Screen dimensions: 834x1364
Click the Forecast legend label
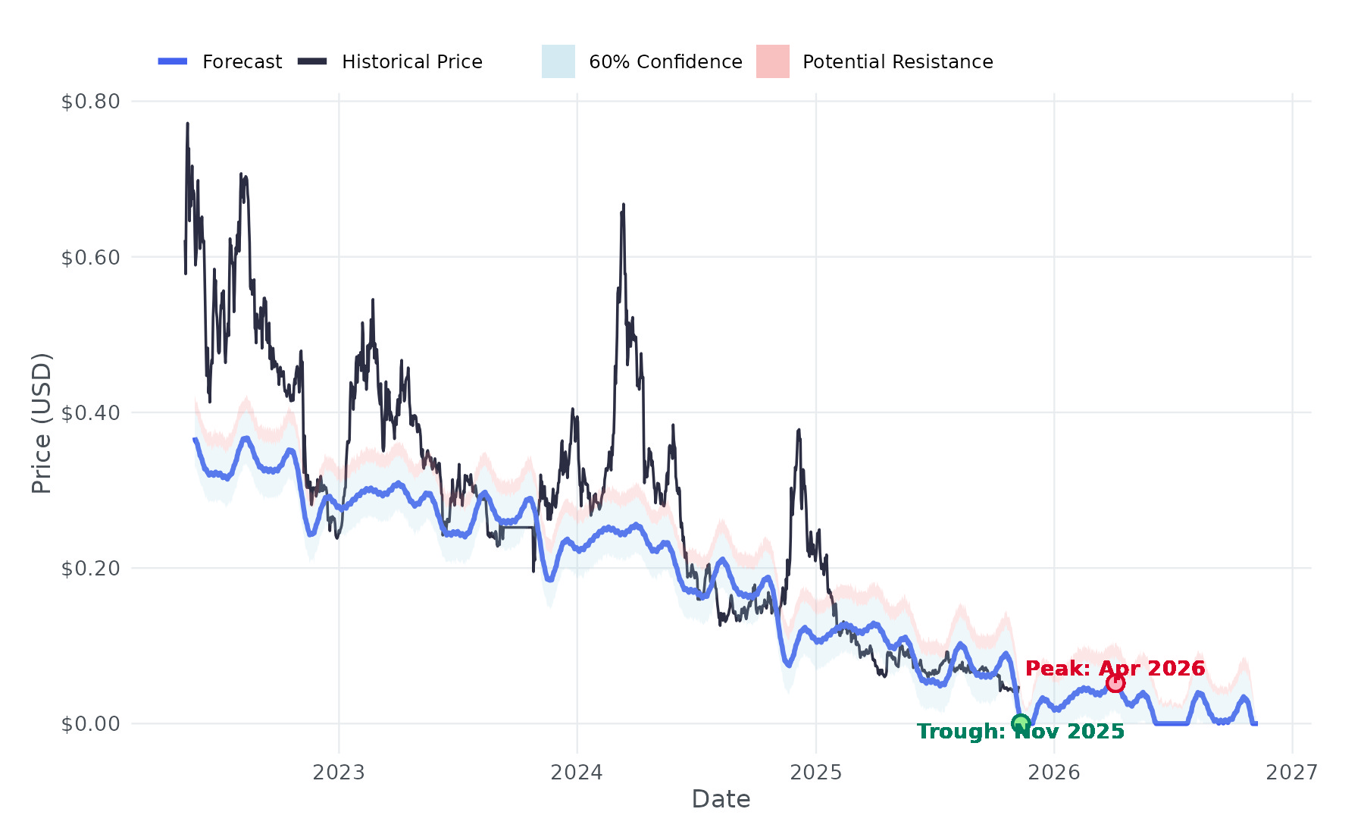coord(242,62)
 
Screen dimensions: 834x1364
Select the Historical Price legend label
coord(411,62)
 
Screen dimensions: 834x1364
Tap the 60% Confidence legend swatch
coord(558,61)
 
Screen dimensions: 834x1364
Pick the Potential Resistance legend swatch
coord(772,61)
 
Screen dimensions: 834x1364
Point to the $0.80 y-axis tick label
coord(91,102)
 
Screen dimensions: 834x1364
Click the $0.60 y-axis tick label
coord(91,258)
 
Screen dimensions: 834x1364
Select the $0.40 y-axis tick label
coord(91,413)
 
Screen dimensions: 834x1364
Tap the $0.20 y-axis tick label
coord(91,569)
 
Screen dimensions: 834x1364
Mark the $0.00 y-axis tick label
coord(91,724)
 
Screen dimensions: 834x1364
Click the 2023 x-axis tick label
coord(339,773)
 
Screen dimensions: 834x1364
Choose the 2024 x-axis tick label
coord(577,773)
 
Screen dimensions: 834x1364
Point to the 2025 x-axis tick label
coord(815,773)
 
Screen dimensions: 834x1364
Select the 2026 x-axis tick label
coord(1054,773)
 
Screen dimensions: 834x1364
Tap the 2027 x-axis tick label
coord(1292,773)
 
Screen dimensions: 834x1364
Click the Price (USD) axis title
coord(42,423)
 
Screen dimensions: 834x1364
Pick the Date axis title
coord(721,799)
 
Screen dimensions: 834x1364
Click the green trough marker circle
coord(1020,723)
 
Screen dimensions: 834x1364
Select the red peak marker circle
coord(1115,683)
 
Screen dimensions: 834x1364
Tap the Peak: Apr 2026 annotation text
coord(1115,668)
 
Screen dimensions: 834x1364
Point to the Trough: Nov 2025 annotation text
coord(1020,732)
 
